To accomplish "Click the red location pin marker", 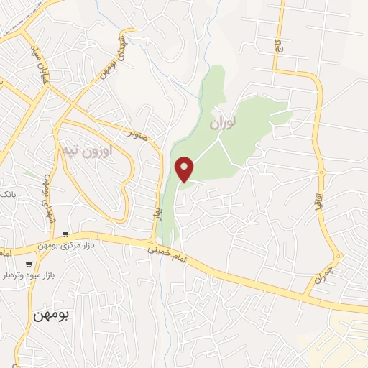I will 185,168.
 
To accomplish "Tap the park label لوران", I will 223,124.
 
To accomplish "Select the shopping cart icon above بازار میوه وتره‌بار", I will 28,264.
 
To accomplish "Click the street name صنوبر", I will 139,134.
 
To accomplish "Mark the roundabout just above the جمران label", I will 337,257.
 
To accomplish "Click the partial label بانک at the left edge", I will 6,195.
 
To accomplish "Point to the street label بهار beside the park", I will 156,212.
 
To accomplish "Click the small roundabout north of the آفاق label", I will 322,172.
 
